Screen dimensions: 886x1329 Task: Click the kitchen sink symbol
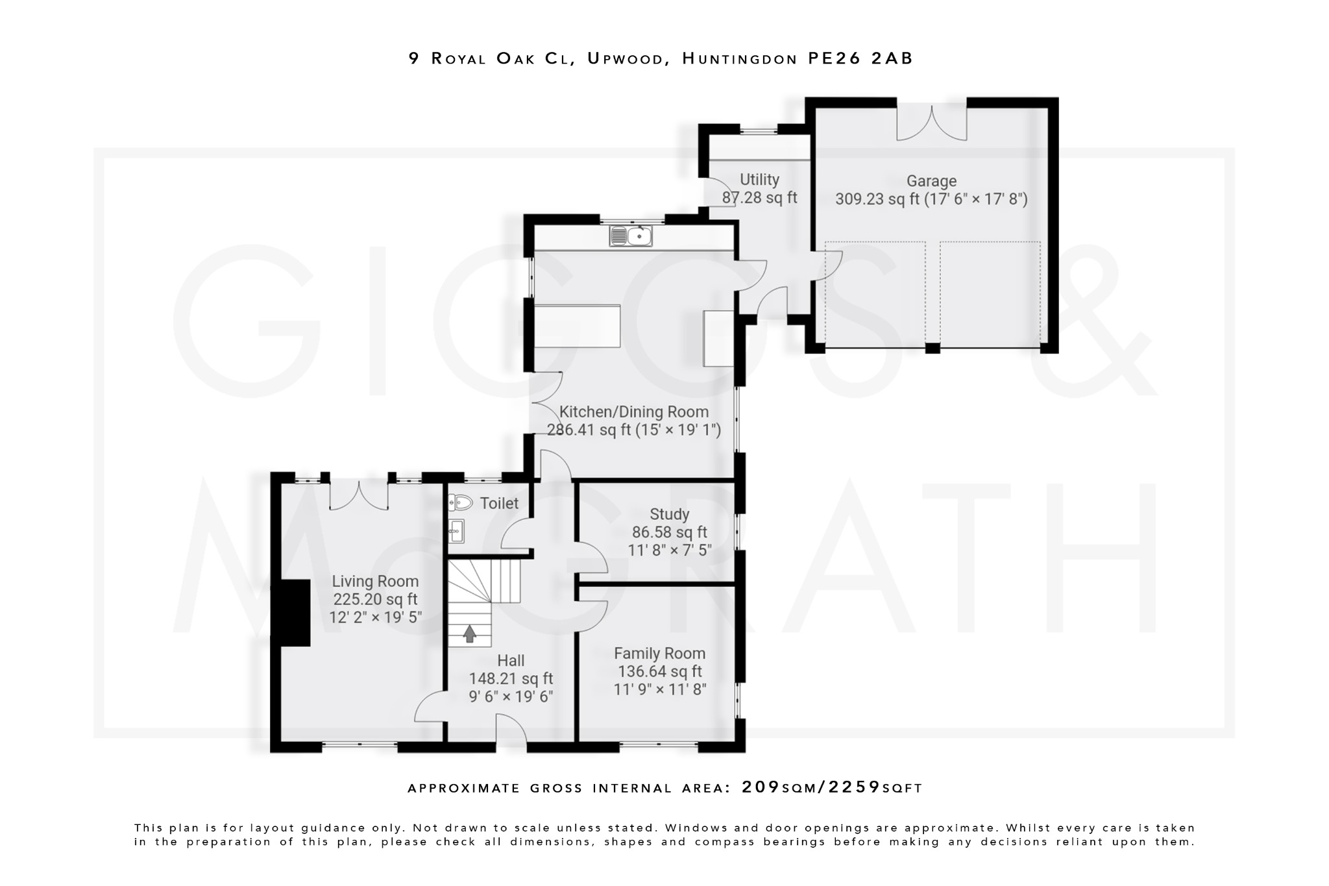coord(631,236)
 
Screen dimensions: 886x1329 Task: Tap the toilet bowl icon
coord(460,502)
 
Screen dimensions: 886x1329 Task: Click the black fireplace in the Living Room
coord(291,613)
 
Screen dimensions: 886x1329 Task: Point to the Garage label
coord(931,181)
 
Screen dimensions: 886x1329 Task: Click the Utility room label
coord(759,180)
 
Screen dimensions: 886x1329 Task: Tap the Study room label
coord(669,515)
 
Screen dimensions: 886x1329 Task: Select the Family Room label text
coord(659,654)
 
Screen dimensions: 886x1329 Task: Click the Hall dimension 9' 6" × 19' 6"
coord(511,696)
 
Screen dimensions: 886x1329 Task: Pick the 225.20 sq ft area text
coord(375,599)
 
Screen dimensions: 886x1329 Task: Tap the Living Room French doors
coord(359,496)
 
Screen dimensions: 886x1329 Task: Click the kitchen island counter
coord(576,326)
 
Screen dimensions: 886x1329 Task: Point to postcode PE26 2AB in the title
coord(860,58)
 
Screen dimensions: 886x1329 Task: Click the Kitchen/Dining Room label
coord(633,412)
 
